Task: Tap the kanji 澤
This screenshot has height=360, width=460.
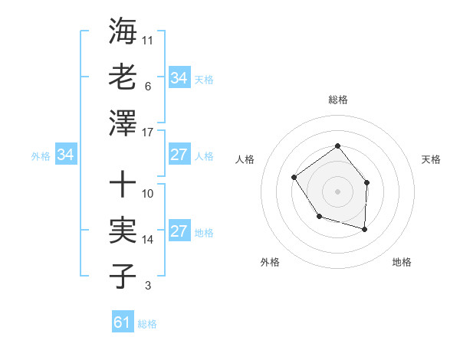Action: (x=123, y=123)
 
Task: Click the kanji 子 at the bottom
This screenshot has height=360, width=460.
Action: (x=123, y=276)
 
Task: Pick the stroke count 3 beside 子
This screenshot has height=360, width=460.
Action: (x=147, y=286)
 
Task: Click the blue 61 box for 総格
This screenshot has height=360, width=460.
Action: (x=123, y=322)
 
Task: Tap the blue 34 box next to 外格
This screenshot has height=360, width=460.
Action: (x=66, y=155)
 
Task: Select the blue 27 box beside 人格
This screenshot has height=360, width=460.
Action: (x=179, y=155)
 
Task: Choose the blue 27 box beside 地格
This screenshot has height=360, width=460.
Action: (x=179, y=231)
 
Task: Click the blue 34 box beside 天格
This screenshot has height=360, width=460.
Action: (x=179, y=78)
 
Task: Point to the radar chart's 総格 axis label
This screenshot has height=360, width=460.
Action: (x=338, y=100)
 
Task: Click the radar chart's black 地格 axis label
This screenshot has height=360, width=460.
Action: (x=402, y=262)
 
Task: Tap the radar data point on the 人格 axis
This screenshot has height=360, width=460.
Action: (x=294, y=178)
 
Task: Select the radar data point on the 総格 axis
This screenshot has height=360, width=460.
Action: (x=337, y=146)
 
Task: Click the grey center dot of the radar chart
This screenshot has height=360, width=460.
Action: (x=337, y=190)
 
